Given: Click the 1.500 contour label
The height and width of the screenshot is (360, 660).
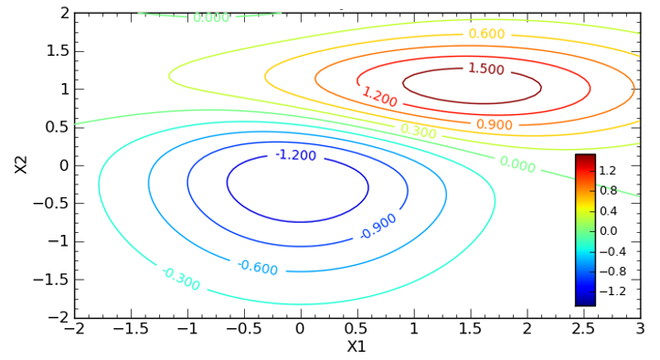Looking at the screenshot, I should (485, 69).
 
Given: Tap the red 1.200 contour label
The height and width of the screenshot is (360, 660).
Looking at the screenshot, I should (378, 97).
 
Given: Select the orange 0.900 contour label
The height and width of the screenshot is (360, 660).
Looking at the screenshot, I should (494, 124).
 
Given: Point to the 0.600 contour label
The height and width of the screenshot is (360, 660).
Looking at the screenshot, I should (486, 34).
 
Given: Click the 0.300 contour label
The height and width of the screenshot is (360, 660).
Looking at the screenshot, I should (418, 132).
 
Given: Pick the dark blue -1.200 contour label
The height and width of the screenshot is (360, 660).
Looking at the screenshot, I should (295, 155).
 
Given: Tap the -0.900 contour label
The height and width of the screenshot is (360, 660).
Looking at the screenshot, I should (378, 226).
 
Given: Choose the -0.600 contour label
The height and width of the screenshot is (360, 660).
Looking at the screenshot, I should (257, 267).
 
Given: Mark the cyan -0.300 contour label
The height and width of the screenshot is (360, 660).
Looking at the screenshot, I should (180, 279).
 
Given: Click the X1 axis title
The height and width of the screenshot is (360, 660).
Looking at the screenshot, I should (357, 347).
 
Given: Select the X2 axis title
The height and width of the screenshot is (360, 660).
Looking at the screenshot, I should (21, 164).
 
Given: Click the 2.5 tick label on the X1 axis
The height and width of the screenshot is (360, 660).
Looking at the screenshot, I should (583, 329).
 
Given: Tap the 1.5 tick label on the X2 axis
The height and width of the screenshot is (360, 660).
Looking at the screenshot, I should (58, 50).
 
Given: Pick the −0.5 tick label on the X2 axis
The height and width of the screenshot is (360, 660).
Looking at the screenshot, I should (51, 203).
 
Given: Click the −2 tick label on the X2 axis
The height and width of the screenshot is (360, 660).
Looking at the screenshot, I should (59, 317).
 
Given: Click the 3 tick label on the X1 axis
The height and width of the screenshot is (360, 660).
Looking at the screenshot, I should (640, 329).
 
